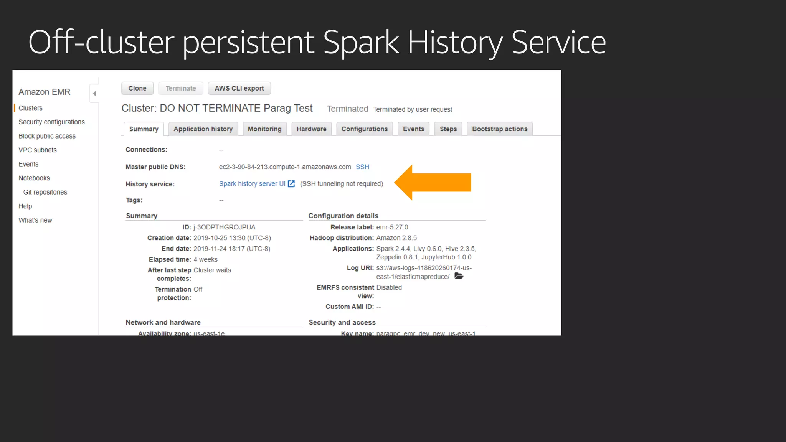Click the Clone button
pos(137,88)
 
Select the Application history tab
pos(203,129)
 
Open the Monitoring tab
pos(264,129)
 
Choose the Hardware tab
pos(311,129)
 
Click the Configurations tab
pos(365,129)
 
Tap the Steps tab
pos(448,129)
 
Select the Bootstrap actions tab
pos(500,129)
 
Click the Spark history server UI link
pos(252,184)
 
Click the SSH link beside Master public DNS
pos(362,167)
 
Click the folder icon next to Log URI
pos(459,276)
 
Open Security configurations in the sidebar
pos(51,122)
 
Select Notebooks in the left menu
pos(34,178)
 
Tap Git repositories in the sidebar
pos(45,192)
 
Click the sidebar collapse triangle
pos(94,94)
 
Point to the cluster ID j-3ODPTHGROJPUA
pos(224,227)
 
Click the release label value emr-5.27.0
pos(392,227)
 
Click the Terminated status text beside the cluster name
pos(347,109)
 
